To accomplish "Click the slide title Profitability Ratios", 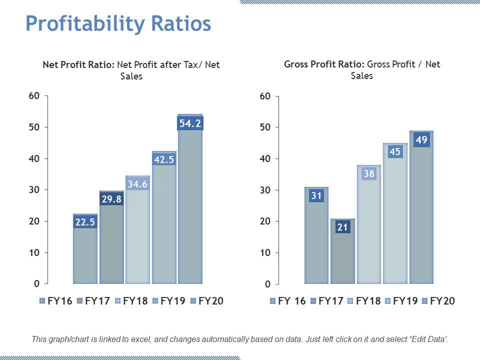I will [118, 24].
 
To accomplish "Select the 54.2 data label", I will [190, 123].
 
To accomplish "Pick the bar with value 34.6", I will [138, 235].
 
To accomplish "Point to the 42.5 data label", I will [164, 159].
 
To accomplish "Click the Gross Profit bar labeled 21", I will [342, 255].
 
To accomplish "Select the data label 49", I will [421, 140].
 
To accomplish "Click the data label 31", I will [316, 196].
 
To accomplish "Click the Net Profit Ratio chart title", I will [131, 70].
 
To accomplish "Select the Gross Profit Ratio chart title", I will [362, 70].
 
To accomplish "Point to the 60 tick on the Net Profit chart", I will [33, 96].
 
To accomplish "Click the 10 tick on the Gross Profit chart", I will [265, 253].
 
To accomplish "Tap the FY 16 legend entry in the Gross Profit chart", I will [288, 301].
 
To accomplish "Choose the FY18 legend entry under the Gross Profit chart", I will [367, 301].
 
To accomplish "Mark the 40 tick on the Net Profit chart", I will [33, 158].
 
